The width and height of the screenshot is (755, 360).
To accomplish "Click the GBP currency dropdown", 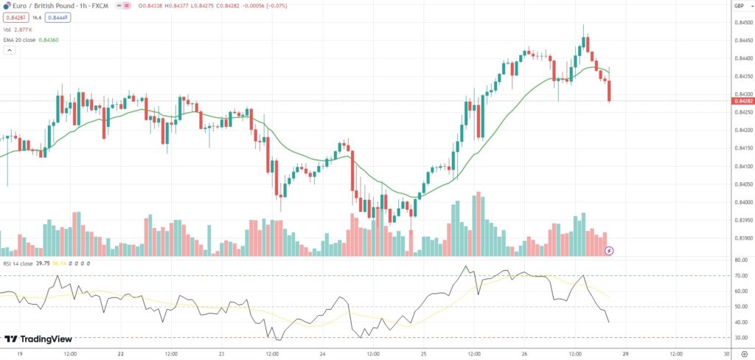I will point(738,6).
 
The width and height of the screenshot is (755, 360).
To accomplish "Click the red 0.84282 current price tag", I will point(740,101).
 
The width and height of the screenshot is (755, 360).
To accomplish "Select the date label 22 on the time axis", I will point(120,353).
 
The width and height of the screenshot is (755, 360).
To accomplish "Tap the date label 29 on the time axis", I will point(624,353).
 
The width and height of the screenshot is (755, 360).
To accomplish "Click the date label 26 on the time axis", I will point(523,353).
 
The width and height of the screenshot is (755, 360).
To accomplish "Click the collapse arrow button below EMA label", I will point(10,51).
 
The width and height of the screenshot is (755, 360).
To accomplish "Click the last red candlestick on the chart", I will point(609,91).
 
